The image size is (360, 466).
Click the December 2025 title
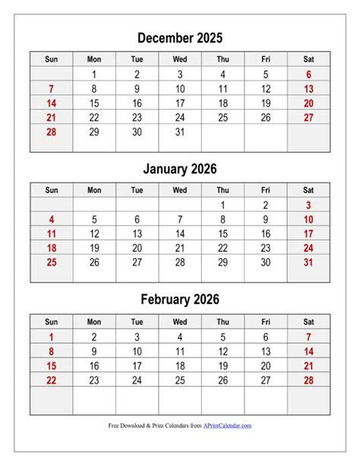pyautogui.click(x=180, y=37)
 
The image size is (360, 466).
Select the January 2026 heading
pyautogui.click(x=180, y=169)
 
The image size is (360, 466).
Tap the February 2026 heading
pyautogui.click(x=180, y=300)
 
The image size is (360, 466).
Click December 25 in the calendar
pyautogui.click(x=223, y=118)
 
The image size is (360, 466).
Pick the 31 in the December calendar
pyautogui.click(x=180, y=132)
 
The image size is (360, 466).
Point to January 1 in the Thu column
pyautogui.click(x=223, y=204)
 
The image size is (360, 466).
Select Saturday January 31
pyautogui.click(x=308, y=262)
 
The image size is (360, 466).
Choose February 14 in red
pyautogui.click(x=308, y=351)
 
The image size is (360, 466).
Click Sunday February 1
pyautogui.click(x=51, y=337)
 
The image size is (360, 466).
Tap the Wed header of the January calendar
pyautogui.click(x=180, y=190)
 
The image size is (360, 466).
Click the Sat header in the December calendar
pyautogui.click(x=308, y=59)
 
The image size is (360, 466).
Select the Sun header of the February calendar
pyautogui.click(x=51, y=321)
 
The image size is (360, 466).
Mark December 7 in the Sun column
pyautogui.click(x=51, y=89)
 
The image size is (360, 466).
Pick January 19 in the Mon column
pyautogui.click(x=94, y=248)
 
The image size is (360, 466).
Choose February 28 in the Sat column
pyautogui.click(x=308, y=379)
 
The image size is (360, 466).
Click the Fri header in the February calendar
pyautogui.click(x=265, y=321)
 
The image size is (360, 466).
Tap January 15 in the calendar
pyautogui.click(x=223, y=233)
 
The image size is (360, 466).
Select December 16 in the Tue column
pyautogui.click(x=137, y=103)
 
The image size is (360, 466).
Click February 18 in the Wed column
pyautogui.click(x=180, y=366)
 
